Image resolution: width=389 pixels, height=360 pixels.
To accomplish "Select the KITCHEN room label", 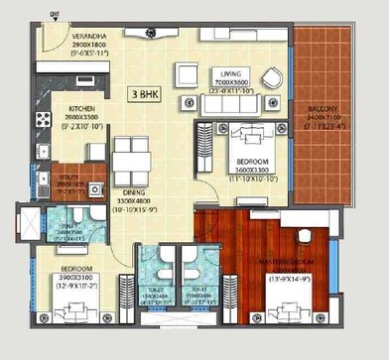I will click(x=80, y=109).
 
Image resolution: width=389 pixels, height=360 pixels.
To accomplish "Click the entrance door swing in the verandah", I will click(x=53, y=42).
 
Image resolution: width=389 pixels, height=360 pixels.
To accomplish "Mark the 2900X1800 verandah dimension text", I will click(x=90, y=46).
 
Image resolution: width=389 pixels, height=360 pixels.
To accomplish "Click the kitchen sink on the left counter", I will click(x=43, y=94).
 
